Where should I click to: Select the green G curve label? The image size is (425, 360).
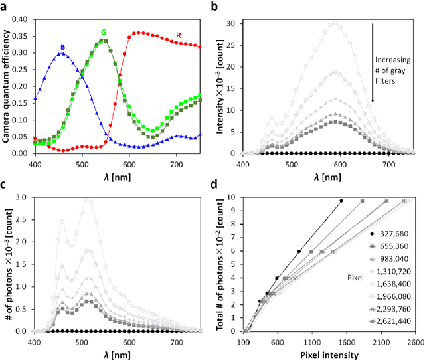click(104, 32)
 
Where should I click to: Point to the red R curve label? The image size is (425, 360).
click(178, 35)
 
